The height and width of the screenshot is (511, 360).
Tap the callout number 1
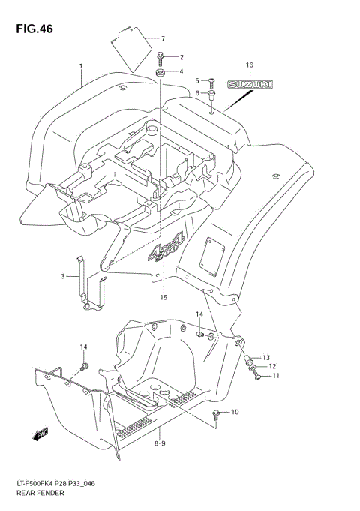[80, 67]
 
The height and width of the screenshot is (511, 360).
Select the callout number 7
[163, 38]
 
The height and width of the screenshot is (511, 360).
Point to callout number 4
[181, 72]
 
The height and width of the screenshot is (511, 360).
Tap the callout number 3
[64, 277]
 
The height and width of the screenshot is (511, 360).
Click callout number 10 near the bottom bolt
[235, 413]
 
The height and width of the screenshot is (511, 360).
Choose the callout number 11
[275, 376]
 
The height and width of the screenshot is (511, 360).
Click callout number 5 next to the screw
[198, 80]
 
